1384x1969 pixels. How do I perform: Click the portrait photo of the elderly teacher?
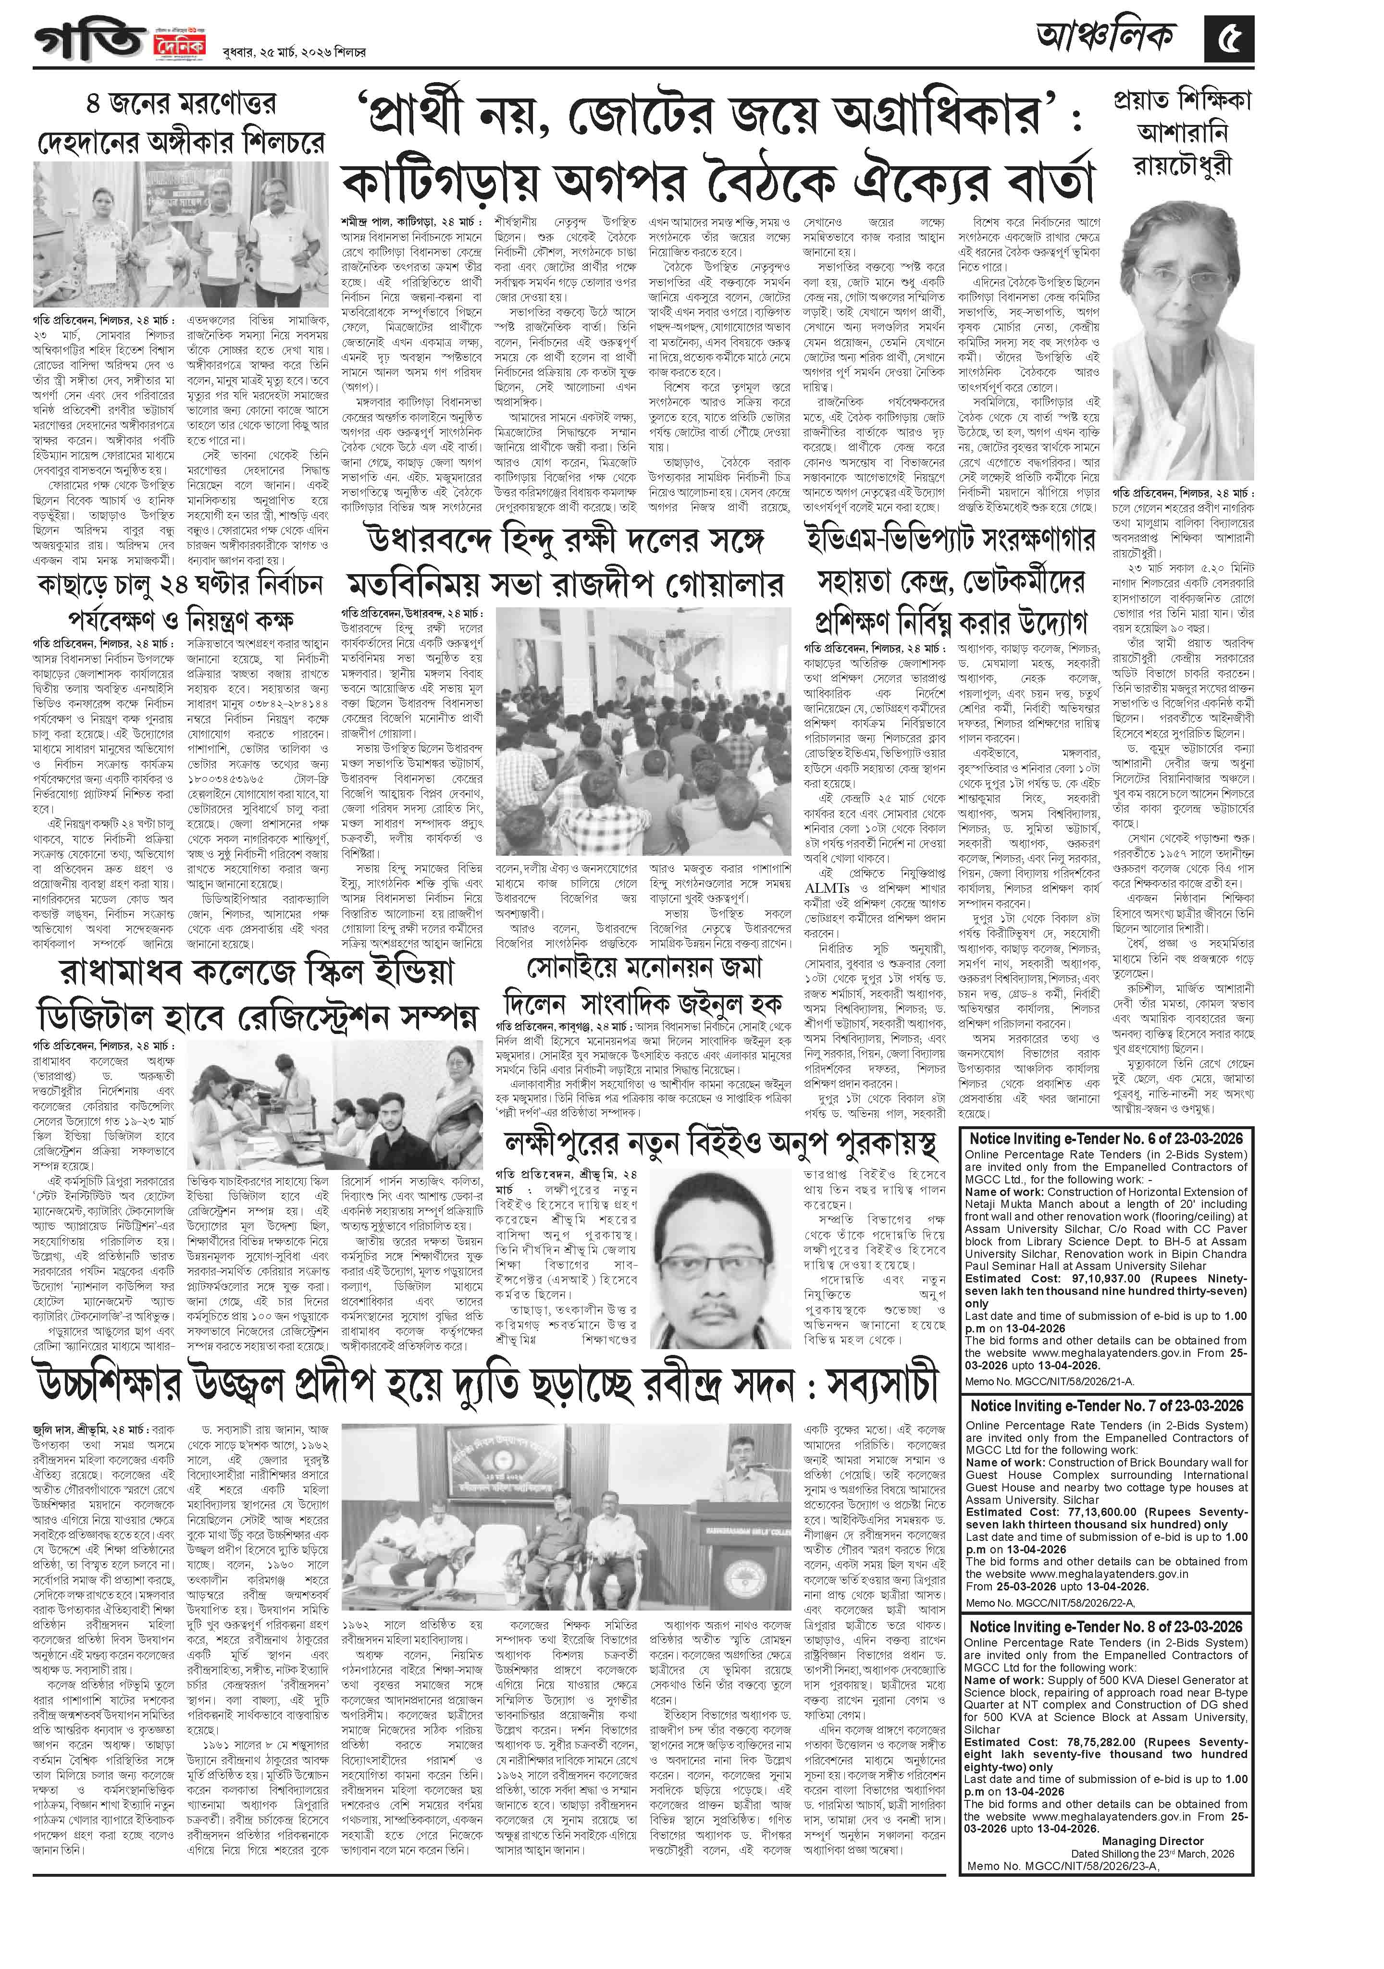1183,343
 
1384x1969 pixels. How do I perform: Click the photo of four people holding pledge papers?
180,235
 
